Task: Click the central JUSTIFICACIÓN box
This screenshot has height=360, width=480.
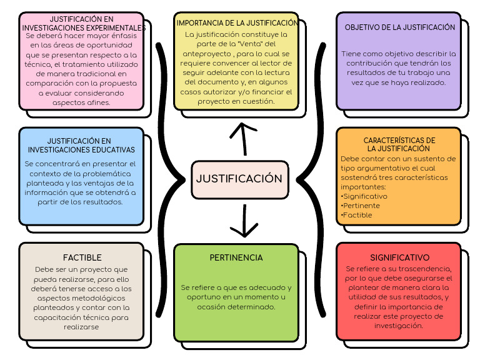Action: click(239, 179)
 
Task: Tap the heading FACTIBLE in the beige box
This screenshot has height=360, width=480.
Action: click(82, 257)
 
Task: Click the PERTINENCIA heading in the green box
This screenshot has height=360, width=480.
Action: click(236, 257)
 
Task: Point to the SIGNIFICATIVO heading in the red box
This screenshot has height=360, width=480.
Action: click(399, 257)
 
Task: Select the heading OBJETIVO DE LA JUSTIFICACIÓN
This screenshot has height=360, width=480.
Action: click(400, 27)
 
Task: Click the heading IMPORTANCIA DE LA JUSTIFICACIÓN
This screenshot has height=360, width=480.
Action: click(236, 23)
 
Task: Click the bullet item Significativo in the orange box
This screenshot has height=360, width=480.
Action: click(365, 196)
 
